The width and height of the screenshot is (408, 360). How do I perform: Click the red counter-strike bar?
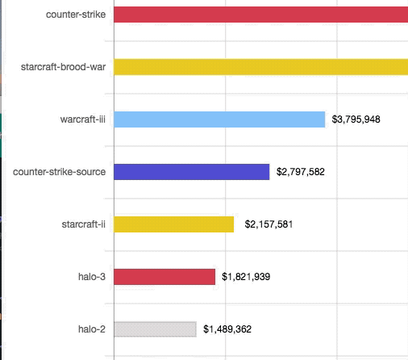pos(260,14)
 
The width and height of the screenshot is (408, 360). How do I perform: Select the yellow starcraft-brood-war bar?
pos(260,66)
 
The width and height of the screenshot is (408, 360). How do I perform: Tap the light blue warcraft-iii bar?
pos(219,119)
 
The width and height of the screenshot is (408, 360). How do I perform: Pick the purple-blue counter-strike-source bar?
pos(192,172)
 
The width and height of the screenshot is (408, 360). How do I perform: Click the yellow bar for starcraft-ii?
pos(174,224)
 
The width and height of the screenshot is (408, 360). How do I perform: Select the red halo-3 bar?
pos(165,277)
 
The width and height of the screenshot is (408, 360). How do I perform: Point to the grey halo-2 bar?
pos(155,329)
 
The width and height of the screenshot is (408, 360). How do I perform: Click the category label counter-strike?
pos(76,14)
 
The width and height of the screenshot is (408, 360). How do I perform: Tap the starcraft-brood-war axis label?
pos(64,66)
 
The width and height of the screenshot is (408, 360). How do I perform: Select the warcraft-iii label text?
pos(83,119)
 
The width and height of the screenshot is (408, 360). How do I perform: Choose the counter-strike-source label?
pos(60,172)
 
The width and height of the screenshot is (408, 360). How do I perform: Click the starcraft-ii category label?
pos(84,224)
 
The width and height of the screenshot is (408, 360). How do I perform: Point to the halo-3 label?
pos(92,277)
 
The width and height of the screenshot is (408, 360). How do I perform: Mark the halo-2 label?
pos(92,329)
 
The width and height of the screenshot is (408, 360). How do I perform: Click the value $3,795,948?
pos(356,119)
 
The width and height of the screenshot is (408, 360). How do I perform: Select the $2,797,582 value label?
pos(300,172)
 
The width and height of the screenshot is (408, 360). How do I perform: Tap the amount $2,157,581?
pos(269,224)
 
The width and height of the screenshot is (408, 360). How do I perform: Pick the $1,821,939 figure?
pos(246,277)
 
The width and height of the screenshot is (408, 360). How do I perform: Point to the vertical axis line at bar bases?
pos(114,198)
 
